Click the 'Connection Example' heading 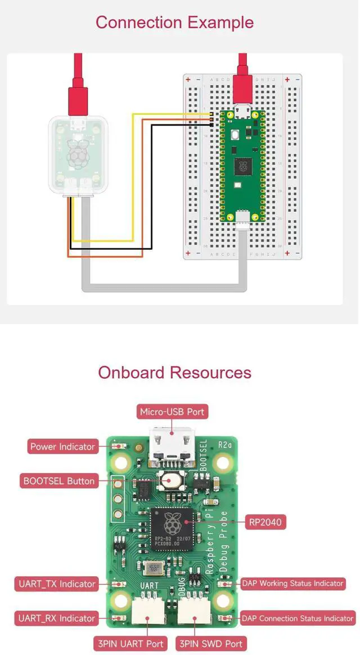(x=174, y=23)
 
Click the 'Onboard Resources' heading (x=174, y=373)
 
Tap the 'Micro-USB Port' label (x=172, y=412)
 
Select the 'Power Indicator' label (x=62, y=447)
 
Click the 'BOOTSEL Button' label (x=59, y=481)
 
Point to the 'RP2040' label (x=265, y=523)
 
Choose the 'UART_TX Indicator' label (x=57, y=584)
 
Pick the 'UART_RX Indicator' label (x=57, y=618)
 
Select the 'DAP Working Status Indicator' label (x=292, y=584)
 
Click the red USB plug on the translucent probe (x=78, y=96)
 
